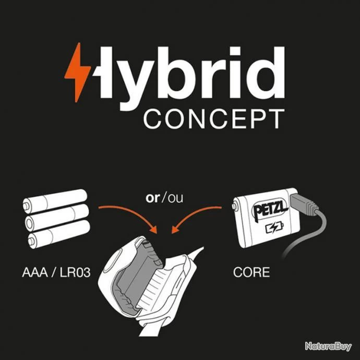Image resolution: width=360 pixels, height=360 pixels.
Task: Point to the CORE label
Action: click(252, 272)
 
